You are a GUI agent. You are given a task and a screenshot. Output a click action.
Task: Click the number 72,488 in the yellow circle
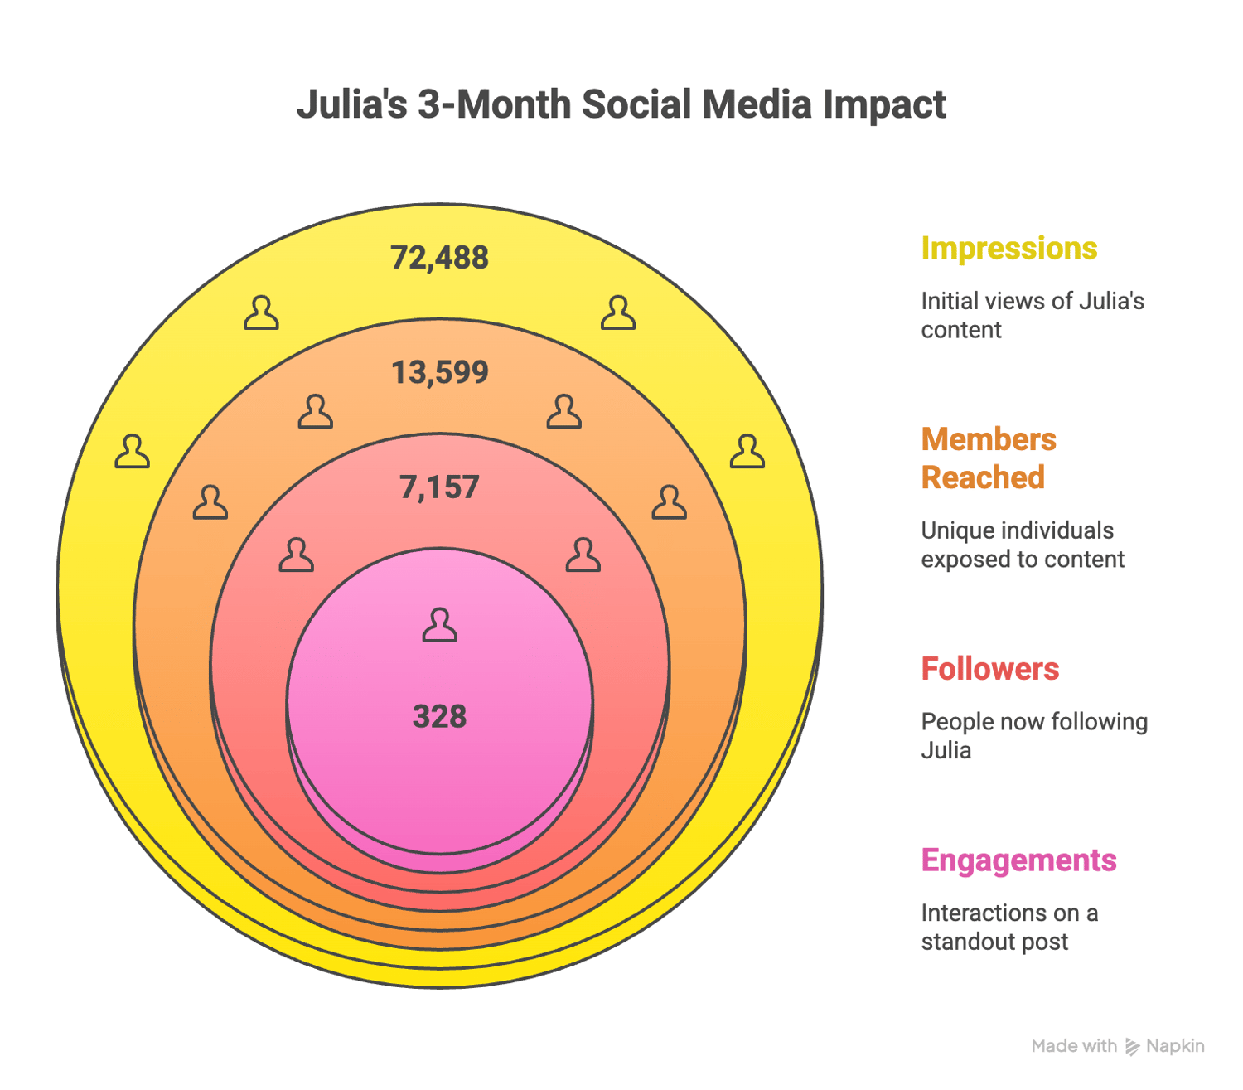click(439, 258)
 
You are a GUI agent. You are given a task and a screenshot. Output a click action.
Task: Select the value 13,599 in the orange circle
click(439, 372)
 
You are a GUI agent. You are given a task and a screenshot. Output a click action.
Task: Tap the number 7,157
click(439, 487)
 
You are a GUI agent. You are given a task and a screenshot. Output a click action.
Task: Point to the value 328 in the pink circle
click(439, 716)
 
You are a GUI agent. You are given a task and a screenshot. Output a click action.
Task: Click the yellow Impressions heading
click(1008, 249)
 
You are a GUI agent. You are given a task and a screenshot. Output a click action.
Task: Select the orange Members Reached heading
click(989, 458)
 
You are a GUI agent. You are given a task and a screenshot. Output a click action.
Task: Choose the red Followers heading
click(989, 669)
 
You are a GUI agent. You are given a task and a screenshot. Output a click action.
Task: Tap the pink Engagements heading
click(1018, 860)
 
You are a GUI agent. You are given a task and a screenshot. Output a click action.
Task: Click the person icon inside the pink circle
click(439, 625)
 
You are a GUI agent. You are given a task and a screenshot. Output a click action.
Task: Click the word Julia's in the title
click(352, 105)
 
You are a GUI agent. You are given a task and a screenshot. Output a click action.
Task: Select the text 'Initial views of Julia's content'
click(1032, 315)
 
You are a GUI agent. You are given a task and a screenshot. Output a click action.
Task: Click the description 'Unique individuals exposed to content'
click(1022, 545)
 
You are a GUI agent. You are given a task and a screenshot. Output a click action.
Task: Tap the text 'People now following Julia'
click(1033, 735)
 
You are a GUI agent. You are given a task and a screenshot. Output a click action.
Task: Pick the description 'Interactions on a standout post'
click(1008, 927)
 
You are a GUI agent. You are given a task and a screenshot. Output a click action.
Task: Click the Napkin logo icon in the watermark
click(1132, 1047)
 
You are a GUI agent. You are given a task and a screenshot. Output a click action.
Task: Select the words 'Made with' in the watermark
click(1074, 1046)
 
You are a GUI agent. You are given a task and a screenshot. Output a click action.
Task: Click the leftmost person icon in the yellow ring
click(133, 452)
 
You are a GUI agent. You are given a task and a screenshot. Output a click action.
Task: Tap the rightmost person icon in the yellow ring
click(747, 452)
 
